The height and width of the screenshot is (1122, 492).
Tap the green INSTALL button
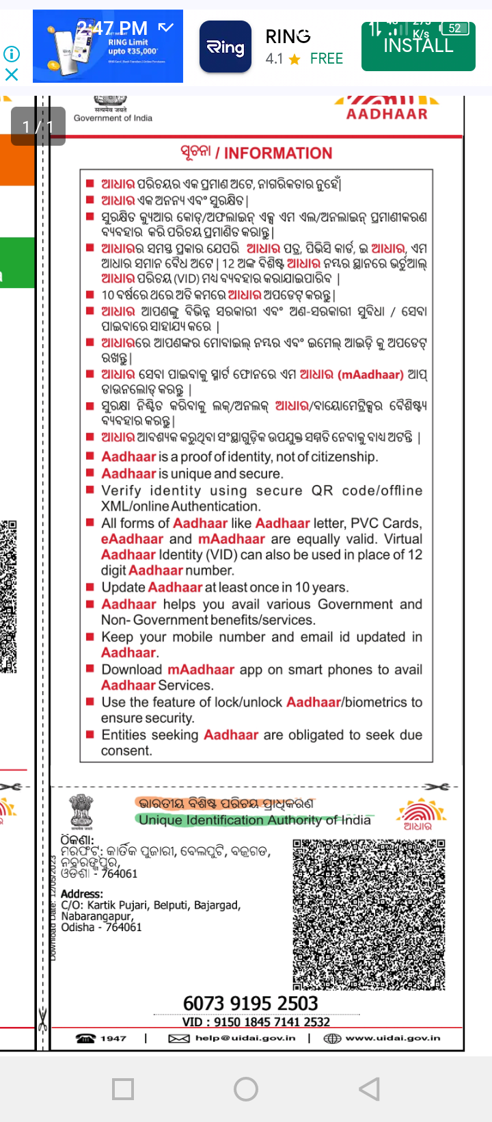pyautogui.click(x=418, y=46)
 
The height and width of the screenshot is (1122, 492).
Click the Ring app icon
pyautogui.click(x=225, y=47)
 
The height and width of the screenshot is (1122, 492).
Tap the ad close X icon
pyautogui.click(x=12, y=74)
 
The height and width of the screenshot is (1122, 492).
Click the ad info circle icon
pyautogui.click(x=12, y=53)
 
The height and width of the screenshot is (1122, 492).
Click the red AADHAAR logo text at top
pyautogui.click(x=387, y=114)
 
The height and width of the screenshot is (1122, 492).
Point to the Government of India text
pyautogui.click(x=113, y=118)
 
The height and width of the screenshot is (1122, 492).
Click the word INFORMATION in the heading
pyautogui.click(x=277, y=153)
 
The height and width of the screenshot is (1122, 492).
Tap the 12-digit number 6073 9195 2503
pyautogui.click(x=250, y=1003)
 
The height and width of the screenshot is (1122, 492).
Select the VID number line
pyautogui.click(x=256, y=1022)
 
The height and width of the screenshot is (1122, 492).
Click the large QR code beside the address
pyautogui.click(x=368, y=915)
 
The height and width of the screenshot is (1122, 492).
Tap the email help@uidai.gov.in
pyautogui.click(x=245, y=1038)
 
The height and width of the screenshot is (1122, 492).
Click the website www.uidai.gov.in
pyautogui.click(x=392, y=1038)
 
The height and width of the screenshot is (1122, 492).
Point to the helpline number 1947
pyautogui.click(x=113, y=1038)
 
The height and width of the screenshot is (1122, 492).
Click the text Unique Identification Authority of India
pyautogui.click(x=255, y=820)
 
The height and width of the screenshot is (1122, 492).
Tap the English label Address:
pyautogui.click(x=82, y=894)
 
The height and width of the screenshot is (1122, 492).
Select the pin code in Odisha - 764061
pyautogui.click(x=124, y=927)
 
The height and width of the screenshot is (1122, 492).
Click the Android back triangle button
pyautogui.click(x=369, y=1088)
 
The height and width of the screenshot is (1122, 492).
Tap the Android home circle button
pyautogui.click(x=246, y=1088)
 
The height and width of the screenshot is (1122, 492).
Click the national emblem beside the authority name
pyautogui.click(x=82, y=812)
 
